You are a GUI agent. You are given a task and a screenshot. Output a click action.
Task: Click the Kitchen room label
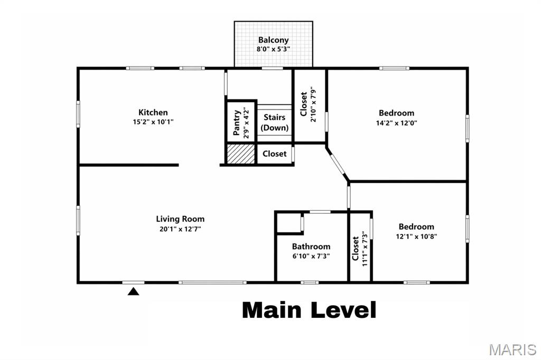[153, 112]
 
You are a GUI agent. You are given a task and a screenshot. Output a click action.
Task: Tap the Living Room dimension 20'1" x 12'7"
[180, 229]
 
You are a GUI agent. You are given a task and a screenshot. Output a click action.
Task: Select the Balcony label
[273, 40]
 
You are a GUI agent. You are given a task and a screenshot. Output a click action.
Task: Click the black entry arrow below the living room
[134, 291]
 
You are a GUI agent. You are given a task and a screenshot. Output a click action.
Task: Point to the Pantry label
[237, 123]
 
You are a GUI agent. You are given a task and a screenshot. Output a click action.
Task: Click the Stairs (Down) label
[275, 122]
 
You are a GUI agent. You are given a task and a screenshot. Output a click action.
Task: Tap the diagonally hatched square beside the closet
[241, 154]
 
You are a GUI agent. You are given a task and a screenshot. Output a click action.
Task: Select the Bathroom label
[311, 247]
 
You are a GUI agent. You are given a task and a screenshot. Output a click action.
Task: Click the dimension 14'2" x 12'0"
[396, 123]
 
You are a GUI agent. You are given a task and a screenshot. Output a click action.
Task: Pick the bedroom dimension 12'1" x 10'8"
[417, 236]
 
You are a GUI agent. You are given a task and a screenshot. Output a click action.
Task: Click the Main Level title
[309, 310]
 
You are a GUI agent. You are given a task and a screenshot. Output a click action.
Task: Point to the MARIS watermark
[512, 349]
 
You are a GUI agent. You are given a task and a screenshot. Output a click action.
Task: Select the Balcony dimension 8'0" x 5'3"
[273, 49]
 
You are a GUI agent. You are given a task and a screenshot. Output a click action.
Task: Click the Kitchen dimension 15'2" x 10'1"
[153, 122]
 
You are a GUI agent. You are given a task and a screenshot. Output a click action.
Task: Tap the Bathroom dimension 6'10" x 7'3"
[311, 256]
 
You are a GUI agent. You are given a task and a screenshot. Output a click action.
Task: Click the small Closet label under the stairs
[275, 154]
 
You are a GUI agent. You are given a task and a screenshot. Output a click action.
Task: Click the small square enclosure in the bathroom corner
[288, 222]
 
